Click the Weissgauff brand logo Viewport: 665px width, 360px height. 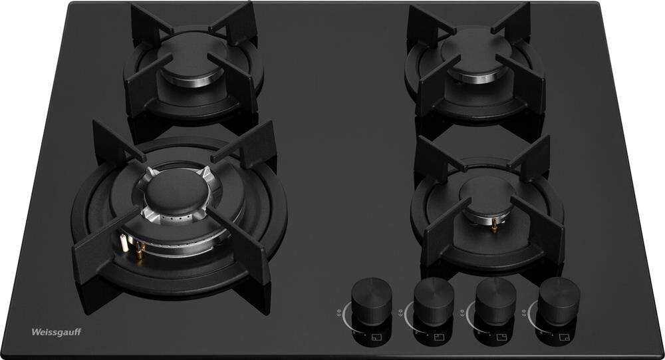click(57, 332)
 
